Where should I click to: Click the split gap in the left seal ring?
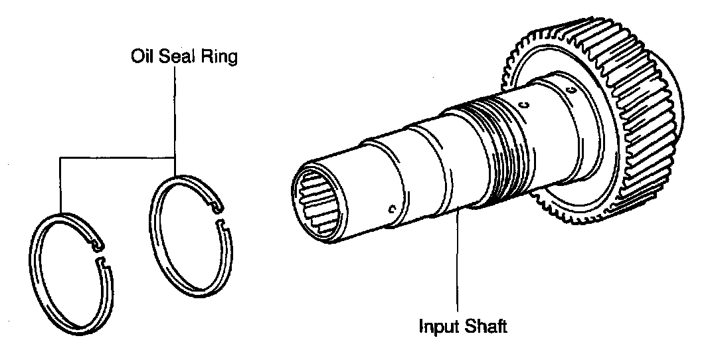tap(102, 255)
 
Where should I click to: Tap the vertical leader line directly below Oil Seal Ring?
tap(175, 113)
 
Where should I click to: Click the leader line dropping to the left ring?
tap(60, 186)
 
